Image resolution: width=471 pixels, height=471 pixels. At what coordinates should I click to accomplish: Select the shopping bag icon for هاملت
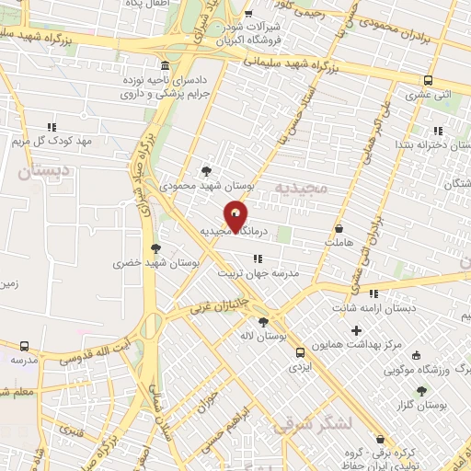pyautogui.click(x=339, y=229)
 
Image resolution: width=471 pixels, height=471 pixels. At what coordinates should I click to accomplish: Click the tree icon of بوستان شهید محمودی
pyautogui.click(x=205, y=171)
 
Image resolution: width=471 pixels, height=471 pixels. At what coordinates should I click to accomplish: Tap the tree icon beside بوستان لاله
pyautogui.click(x=264, y=322)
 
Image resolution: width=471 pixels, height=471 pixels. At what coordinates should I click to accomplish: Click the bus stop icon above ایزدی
pyautogui.click(x=299, y=351)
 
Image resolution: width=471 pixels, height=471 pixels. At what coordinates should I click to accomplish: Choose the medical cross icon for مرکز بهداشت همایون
pyautogui.click(x=357, y=329)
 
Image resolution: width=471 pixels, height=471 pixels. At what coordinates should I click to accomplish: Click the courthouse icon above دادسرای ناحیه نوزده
pyautogui.click(x=165, y=67)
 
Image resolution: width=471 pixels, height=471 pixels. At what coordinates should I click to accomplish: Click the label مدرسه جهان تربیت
pyautogui.click(x=257, y=273)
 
